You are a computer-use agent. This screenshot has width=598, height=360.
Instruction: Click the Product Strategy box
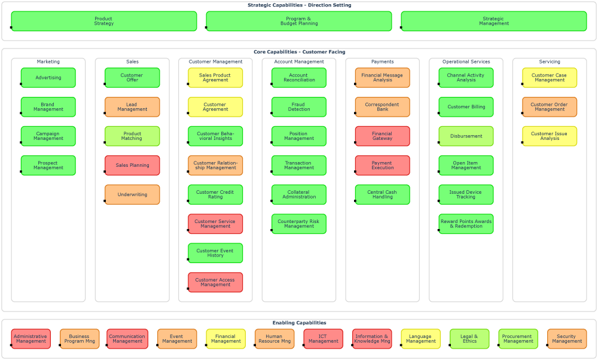click(103, 21)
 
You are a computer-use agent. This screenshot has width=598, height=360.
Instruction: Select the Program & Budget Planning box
click(299, 21)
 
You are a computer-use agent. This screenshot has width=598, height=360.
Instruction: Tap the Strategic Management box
click(494, 21)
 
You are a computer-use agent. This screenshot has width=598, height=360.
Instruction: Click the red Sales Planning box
click(132, 166)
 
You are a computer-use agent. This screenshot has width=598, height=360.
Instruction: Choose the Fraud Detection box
click(299, 107)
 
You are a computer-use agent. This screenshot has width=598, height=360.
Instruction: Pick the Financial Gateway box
click(382, 136)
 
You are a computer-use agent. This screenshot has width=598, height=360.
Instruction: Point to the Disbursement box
click(466, 136)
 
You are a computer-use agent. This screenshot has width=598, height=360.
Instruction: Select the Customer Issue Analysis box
click(549, 136)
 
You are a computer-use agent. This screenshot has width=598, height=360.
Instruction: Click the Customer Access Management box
click(215, 282)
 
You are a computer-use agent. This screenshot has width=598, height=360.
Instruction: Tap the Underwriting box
click(132, 195)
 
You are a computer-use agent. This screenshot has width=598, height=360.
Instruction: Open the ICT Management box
click(324, 339)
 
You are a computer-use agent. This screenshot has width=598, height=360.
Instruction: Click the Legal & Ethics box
click(469, 339)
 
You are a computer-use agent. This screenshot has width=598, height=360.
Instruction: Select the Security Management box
click(566, 339)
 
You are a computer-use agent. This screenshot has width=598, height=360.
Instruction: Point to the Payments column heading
click(382, 62)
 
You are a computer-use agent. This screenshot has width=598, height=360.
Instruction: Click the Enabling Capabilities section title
click(299, 323)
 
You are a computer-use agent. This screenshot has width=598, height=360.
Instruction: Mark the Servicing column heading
click(549, 62)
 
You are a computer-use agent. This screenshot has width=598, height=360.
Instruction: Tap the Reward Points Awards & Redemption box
click(466, 224)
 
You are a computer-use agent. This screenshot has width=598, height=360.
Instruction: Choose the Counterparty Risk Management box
click(299, 224)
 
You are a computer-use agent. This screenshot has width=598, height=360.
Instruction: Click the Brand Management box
click(48, 107)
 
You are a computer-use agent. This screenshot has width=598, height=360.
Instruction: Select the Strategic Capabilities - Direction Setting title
click(299, 5)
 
